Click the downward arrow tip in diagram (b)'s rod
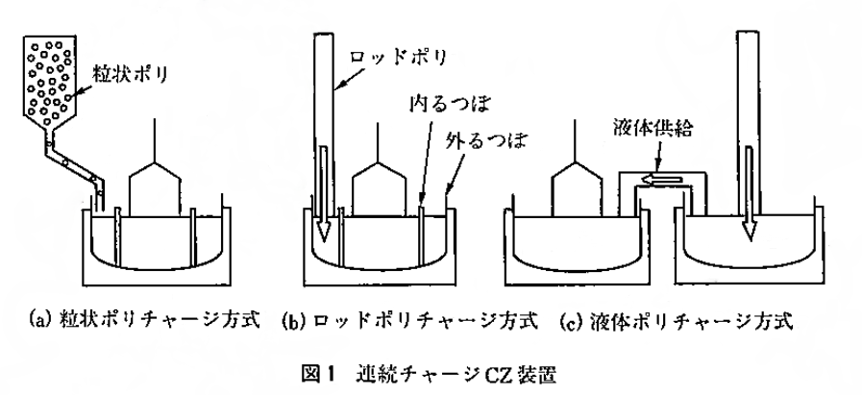[325, 235]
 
